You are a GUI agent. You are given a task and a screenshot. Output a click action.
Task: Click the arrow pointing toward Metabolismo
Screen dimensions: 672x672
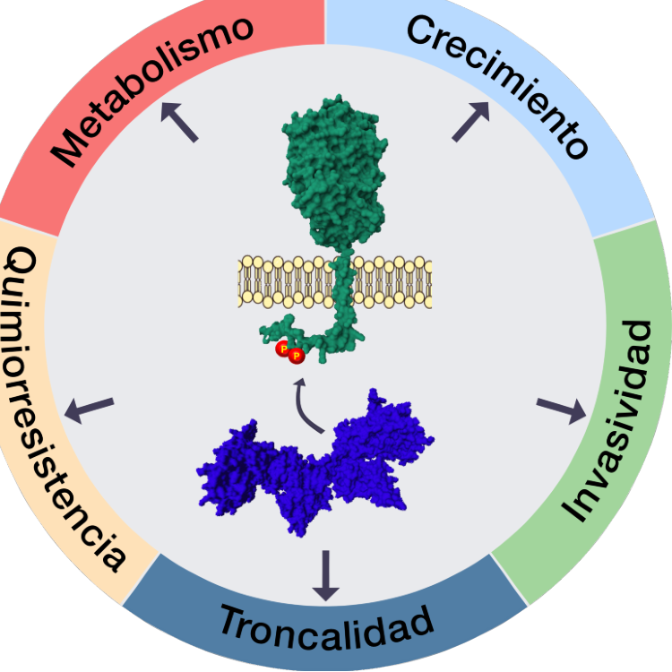click(179, 122)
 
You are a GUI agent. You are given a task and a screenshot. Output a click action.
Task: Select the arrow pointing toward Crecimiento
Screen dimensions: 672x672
click(471, 121)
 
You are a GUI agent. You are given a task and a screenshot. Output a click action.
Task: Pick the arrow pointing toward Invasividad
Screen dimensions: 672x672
click(562, 410)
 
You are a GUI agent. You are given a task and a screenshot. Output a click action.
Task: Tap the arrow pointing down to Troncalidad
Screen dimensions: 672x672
click(326, 575)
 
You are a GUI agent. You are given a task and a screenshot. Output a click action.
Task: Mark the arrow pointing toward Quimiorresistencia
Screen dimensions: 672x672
click(89, 409)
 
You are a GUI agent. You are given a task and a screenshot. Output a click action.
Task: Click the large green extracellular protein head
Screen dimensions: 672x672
click(335, 171)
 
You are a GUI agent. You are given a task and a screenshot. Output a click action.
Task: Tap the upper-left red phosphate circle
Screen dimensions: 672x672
click(283, 349)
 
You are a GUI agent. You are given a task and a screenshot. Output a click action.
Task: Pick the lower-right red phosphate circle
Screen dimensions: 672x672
click(297, 356)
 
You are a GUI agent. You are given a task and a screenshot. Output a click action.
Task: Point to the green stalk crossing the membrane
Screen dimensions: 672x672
click(343, 282)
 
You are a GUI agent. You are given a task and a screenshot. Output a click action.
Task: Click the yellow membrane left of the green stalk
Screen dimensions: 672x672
click(286, 282)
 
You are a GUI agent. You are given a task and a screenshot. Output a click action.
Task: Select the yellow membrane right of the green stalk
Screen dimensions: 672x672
click(392, 282)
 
